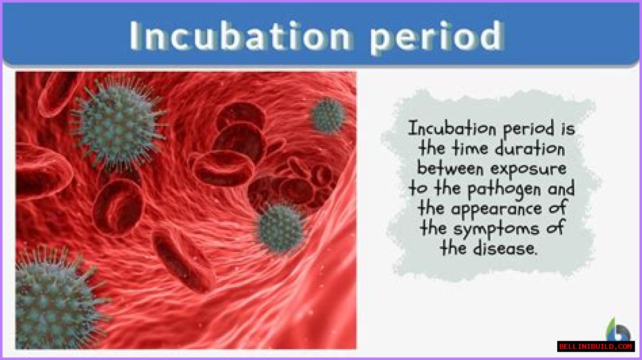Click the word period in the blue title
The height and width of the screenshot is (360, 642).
point(437,38)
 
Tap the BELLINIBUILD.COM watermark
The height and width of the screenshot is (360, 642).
point(596,346)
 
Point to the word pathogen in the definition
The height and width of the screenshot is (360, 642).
point(505,189)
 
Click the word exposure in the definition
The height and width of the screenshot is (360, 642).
point(529,169)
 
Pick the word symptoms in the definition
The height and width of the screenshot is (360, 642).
point(497,229)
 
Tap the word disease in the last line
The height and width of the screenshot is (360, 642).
point(505,248)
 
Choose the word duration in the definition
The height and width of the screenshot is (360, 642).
point(530,148)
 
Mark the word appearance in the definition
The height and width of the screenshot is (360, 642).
point(497,209)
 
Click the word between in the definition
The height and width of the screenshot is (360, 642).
point(450,168)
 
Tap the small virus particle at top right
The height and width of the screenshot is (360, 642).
point(328,115)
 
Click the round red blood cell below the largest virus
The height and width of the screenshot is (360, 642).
point(118,207)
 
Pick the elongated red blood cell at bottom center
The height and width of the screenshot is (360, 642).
point(184,261)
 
